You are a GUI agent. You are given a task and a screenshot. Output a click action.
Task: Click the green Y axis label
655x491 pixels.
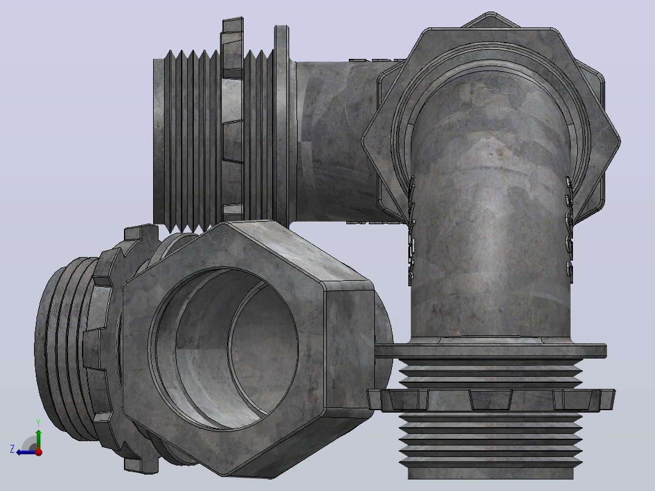(38, 422)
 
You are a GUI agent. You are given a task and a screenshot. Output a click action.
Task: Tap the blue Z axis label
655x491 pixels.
(12, 449)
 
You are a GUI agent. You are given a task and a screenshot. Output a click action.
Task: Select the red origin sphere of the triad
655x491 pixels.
(38, 452)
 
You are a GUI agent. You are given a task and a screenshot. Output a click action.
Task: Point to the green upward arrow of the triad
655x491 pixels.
(38, 439)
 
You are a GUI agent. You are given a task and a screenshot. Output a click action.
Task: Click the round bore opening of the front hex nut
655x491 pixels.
(225, 349)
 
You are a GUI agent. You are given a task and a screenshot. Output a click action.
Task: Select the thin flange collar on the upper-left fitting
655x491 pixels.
(281, 125)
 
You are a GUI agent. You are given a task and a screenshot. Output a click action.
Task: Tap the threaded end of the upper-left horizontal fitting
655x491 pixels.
(188, 140)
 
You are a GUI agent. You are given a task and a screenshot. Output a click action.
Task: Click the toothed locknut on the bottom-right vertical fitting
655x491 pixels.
(491, 399)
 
